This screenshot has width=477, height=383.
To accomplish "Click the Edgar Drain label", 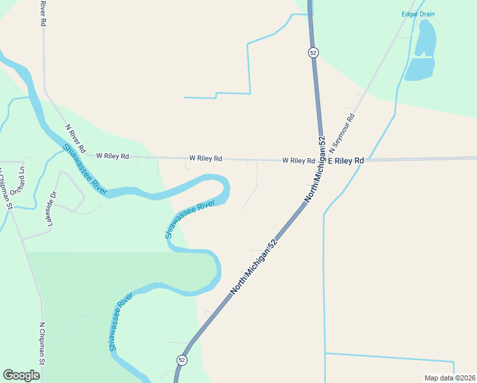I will click(418, 14).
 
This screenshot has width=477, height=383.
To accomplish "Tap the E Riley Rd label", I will click(346, 160).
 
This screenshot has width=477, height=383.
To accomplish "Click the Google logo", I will click(21, 375).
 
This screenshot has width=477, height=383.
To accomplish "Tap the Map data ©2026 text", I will click(450, 378).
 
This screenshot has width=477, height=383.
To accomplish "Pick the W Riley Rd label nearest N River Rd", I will click(113, 156).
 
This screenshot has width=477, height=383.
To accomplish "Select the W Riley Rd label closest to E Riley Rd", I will click(298, 160).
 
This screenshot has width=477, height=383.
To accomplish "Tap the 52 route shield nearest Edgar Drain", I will click(312, 53).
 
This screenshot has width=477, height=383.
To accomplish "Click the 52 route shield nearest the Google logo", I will click(182, 360).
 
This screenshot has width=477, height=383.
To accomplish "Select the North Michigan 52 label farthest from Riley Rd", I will click(254, 266).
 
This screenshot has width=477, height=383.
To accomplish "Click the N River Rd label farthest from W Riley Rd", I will click(43, 13).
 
